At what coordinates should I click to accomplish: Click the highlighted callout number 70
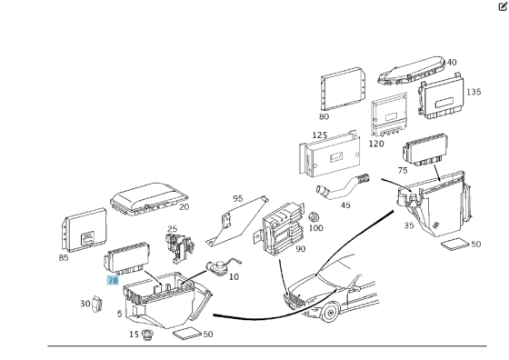[x=113, y=280]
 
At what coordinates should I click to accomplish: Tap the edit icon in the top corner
[x=503, y=6]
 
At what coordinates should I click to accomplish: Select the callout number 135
[x=474, y=92]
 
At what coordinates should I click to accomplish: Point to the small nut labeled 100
[x=314, y=217]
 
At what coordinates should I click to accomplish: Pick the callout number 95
[x=237, y=198]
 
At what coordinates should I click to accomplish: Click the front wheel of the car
[x=329, y=313]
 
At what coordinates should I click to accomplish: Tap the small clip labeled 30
[x=97, y=304]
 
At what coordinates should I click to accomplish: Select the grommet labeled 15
[x=147, y=335]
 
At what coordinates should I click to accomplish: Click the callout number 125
[x=320, y=135]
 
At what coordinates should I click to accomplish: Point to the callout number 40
[x=452, y=62]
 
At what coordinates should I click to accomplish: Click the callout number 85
[x=64, y=258]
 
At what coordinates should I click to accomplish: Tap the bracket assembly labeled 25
[x=179, y=248]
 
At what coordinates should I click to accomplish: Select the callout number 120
[x=376, y=144]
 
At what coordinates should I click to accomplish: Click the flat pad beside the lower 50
[x=188, y=334]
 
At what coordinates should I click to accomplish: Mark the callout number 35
[x=409, y=225]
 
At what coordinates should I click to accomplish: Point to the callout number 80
[x=324, y=116]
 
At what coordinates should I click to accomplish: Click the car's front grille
[x=294, y=299]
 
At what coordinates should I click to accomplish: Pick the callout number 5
[x=119, y=314]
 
